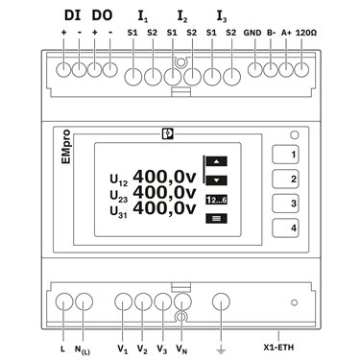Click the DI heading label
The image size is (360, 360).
73,15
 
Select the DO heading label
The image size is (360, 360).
102,15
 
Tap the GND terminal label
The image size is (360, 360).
252,33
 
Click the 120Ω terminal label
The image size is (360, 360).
306,33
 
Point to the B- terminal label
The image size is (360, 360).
272,33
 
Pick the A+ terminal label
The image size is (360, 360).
286,33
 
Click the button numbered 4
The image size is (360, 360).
285,228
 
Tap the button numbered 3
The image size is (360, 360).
285,204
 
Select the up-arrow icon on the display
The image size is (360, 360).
217,161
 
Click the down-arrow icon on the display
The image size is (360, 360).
217,180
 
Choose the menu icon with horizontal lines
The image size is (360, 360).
217,219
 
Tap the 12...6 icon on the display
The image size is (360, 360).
217,201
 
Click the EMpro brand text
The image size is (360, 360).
66,147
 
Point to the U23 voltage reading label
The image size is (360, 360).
119,197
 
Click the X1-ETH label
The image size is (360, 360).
278,348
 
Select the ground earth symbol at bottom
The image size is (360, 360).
221,350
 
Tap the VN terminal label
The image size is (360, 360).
181,349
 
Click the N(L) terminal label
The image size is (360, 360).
83,349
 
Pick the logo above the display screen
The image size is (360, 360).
168,133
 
